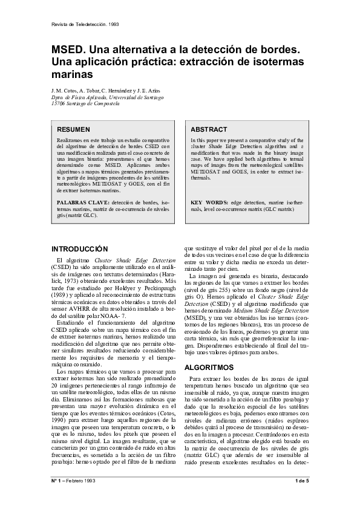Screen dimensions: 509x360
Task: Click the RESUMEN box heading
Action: click(73, 129)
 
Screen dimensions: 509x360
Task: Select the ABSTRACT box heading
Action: click(209, 129)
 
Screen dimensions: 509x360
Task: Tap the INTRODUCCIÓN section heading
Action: click(79, 249)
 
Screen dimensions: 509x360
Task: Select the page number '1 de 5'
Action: click(302, 481)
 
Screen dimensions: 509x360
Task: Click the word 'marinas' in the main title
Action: click(72, 76)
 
